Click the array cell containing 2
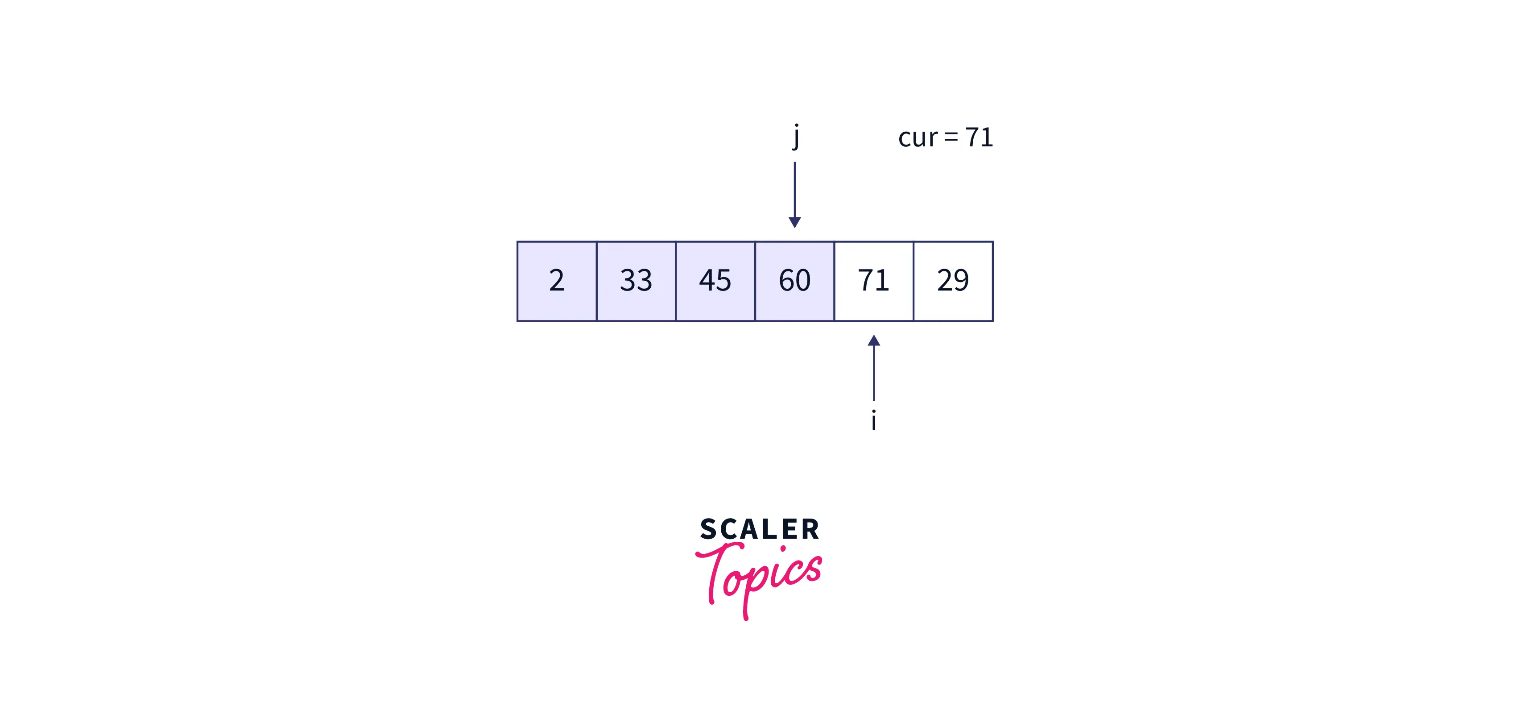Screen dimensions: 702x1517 point(557,281)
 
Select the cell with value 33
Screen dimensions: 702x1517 point(636,281)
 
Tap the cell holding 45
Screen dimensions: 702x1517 point(715,281)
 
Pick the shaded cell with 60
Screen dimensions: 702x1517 point(794,281)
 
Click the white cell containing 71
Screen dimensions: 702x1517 point(873,281)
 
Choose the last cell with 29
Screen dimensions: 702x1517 point(953,281)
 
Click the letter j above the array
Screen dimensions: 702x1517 point(796,137)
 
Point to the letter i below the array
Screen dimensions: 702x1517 point(874,421)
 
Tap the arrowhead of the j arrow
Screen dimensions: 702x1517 point(794,222)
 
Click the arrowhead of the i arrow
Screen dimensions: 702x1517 point(874,341)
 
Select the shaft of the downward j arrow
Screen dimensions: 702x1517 point(794,189)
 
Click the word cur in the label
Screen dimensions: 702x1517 point(918,138)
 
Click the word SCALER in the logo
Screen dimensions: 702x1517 point(760,529)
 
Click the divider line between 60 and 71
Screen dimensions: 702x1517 point(834,281)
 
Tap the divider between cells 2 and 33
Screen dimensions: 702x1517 point(596,281)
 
